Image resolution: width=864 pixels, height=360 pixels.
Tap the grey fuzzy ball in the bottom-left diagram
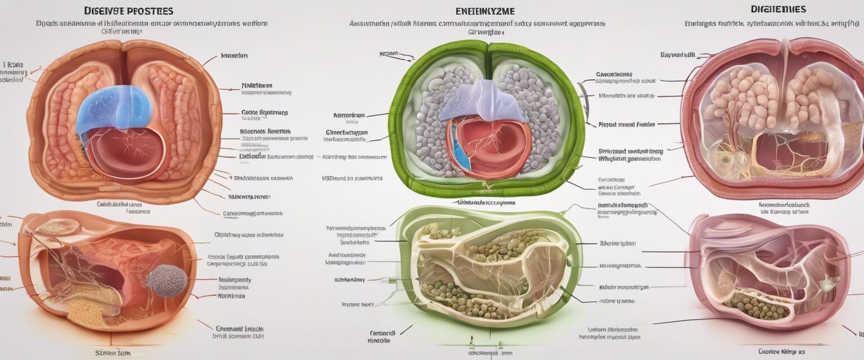[166, 280]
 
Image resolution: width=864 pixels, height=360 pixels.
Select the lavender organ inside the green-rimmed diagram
[481, 101]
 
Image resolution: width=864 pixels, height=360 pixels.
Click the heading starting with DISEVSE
[128, 11]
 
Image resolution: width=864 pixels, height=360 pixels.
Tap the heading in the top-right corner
[778, 10]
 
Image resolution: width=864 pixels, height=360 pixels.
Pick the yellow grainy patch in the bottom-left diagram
[87, 313]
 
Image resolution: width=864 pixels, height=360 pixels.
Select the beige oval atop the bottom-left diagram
[58, 227]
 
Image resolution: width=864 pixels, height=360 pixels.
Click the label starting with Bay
[678, 55]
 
